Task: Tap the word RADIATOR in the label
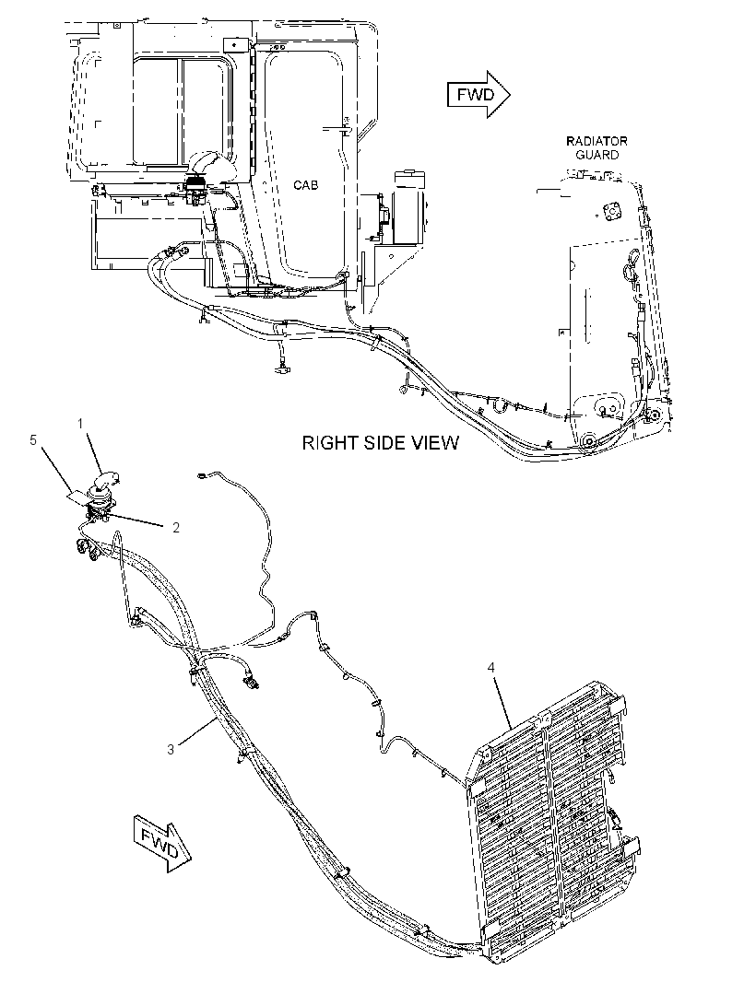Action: tap(597, 141)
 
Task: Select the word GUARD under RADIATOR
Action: tap(597, 155)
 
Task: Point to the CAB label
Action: tap(306, 185)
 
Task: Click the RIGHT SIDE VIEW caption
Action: tap(381, 443)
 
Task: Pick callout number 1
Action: tap(80, 424)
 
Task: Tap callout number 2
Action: tap(176, 527)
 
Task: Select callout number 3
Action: tap(171, 748)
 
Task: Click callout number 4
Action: tap(490, 668)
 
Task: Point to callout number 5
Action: tap(33, 440)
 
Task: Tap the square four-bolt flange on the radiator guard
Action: tap(609, 212)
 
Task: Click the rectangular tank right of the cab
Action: tap(408, 205)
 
